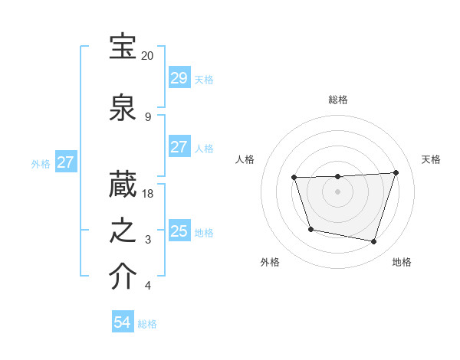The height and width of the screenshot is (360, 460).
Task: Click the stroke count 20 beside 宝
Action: pyautogui.click(x=147, y=57)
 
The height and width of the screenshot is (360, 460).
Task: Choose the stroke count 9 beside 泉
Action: pyautogui.click(x=148, y=117)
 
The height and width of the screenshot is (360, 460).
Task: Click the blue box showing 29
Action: pyautogui.click(x=179, y=78)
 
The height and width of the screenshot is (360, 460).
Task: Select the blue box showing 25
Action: pyautogui.click(x=179, y=231)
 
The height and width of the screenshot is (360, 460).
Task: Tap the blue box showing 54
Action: pyautogui.click(x=122, y=322)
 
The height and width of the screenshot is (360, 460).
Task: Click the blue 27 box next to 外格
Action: pyautogui.click(x=65, y=162)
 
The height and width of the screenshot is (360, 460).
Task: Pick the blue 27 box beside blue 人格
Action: pyautogui.click(x=179, y=147)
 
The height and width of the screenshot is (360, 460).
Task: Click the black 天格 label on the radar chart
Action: pyautogui.click(x=432, y=159)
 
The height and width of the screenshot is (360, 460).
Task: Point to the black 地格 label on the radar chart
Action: pyautogui.click(x=402, y=263)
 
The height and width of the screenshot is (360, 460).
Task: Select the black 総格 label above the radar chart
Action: pyautogui.click(x=338, y=100)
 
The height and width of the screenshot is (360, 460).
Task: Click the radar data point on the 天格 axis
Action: pyautogui.click(x=396, y=172)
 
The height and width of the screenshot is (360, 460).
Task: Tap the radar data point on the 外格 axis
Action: pyautogui.click(x=310, y=229)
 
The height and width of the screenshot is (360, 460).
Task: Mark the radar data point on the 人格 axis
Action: pyautogui.click(x=294, y=178)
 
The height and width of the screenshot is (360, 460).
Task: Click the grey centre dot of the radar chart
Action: pyautogui.click(x=337, y=191)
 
